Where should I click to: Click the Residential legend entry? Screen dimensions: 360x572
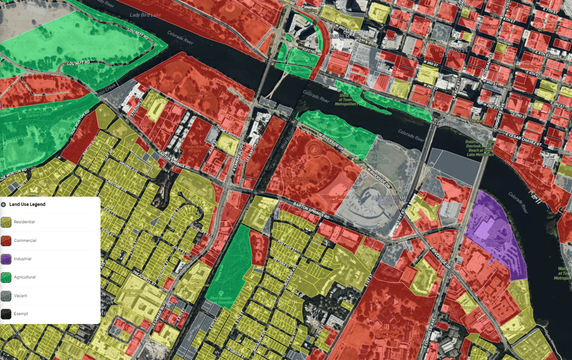tap(24, 222)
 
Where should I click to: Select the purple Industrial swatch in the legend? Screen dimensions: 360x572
tap(6, 259)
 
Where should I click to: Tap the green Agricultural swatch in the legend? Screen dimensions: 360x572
tap(6, 277)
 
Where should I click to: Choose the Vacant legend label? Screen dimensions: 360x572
tap(21, 296)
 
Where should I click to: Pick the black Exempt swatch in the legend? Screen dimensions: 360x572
tap(6, 314)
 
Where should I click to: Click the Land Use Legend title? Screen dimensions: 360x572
tap(27, 205)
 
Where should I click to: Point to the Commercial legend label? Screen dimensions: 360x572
tap(25, 241)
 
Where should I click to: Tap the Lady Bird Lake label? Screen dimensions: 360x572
tap(145, 15)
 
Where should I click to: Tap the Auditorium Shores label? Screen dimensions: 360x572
tap(388, 200)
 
